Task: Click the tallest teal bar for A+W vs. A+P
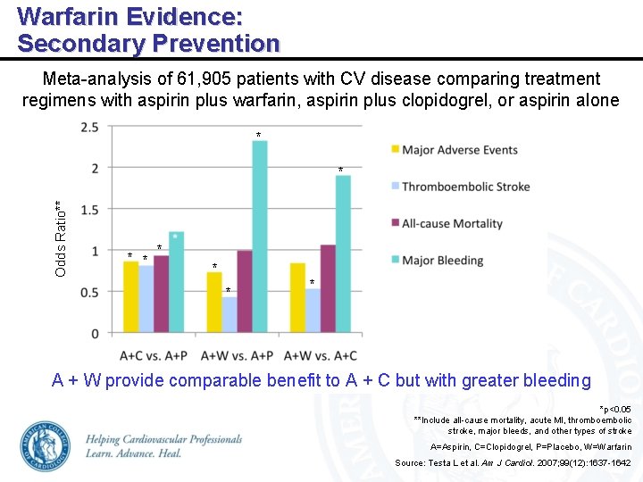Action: [x=259, y=237]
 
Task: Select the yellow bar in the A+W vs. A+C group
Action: [x=297, y=298]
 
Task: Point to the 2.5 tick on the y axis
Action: [x=89, y=128]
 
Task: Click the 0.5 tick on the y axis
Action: [x=89, y=292]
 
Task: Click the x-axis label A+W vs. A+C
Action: [x=320, y=353]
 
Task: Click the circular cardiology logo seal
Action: [x=45, y=445]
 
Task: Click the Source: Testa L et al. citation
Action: [x=513, y=462]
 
